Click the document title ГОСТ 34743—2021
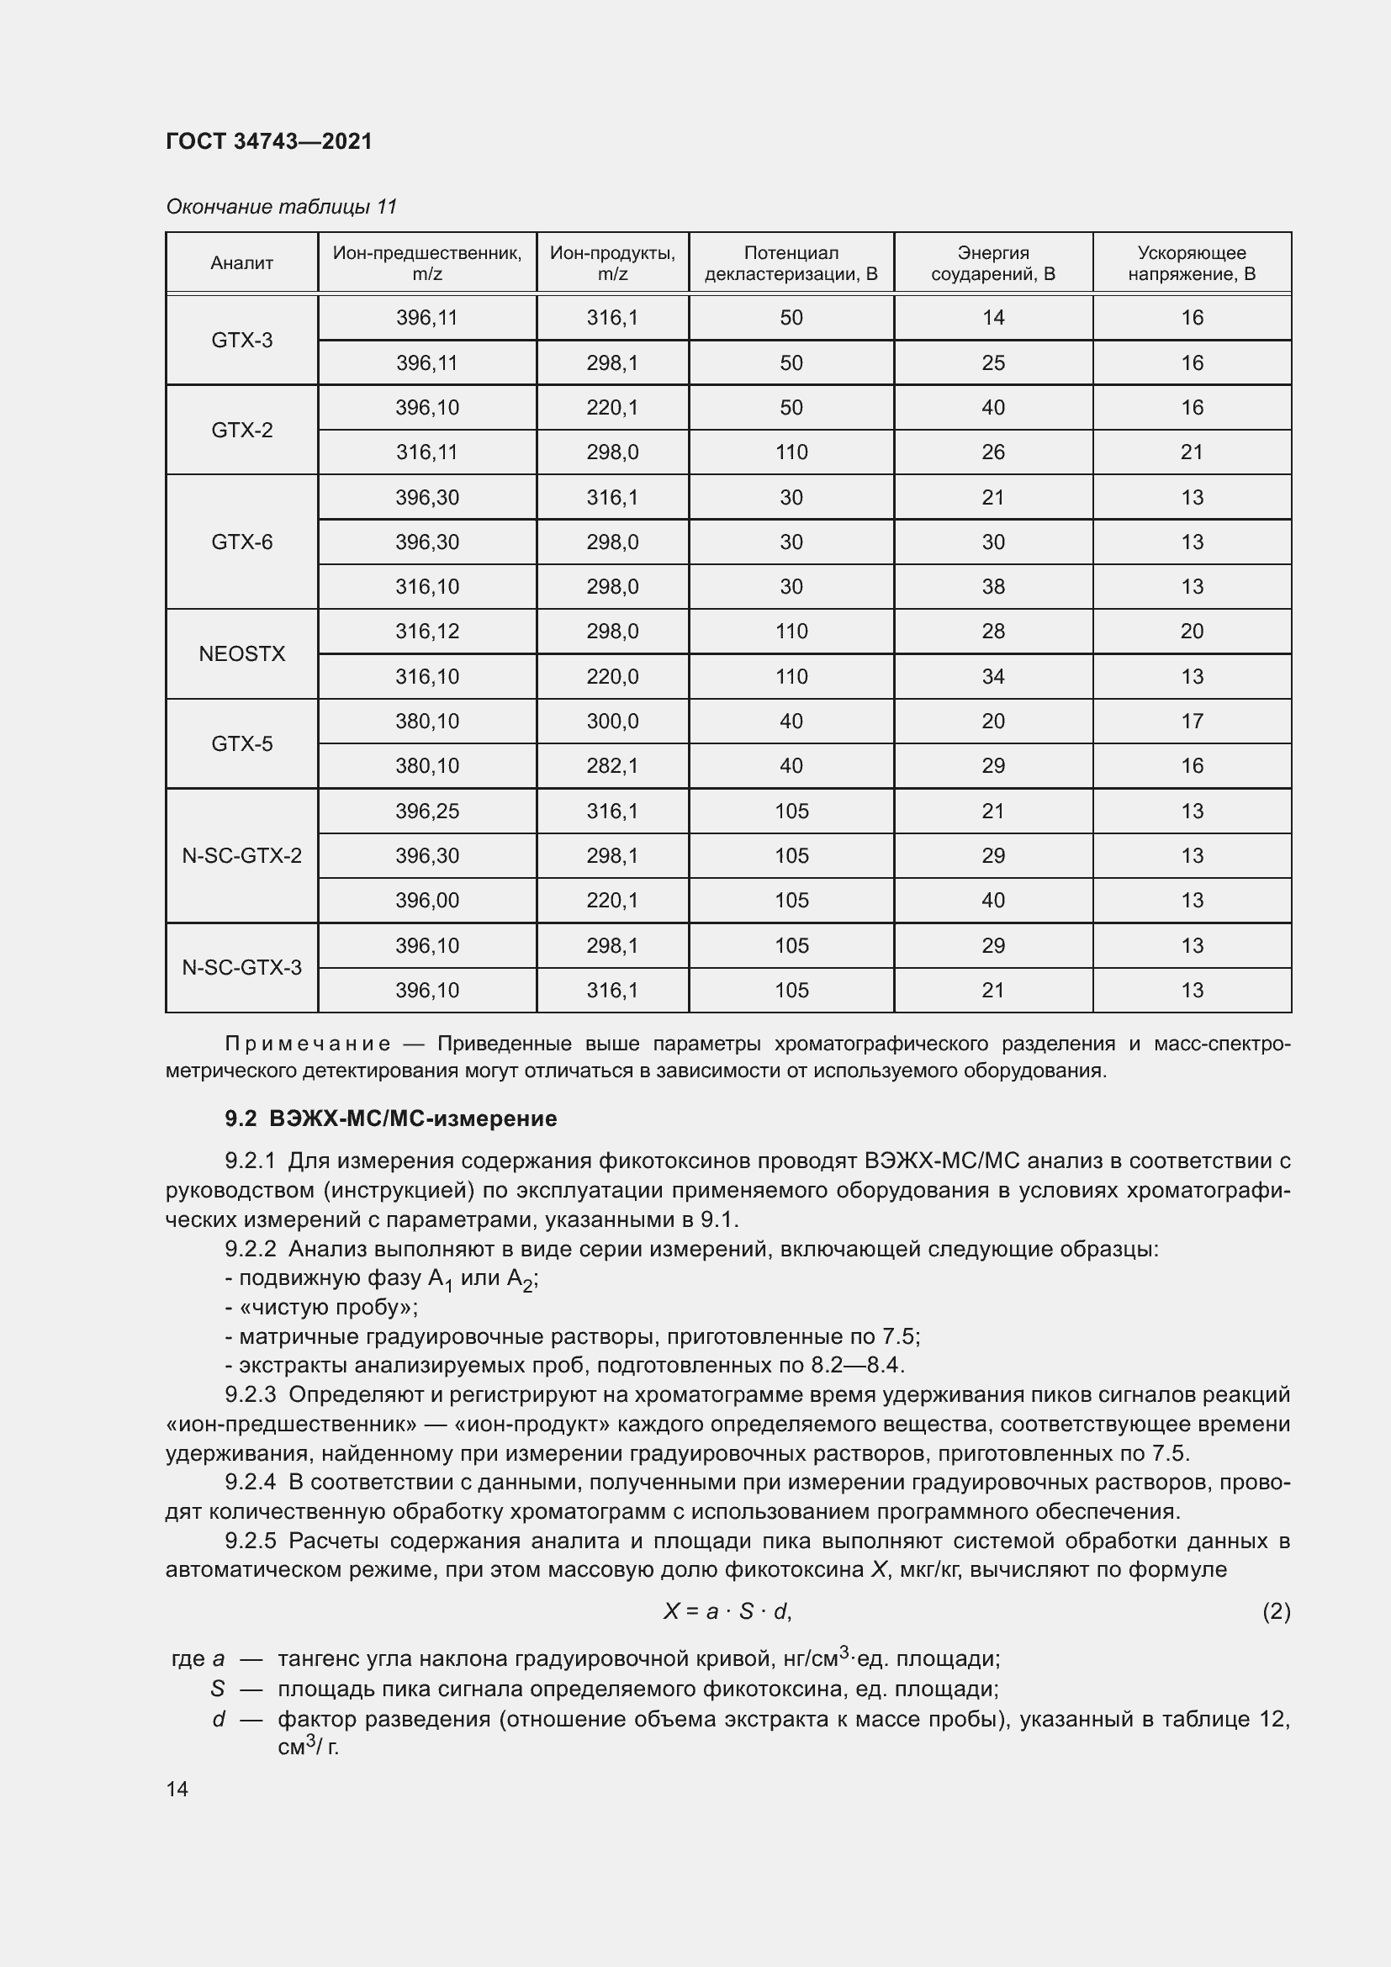coord(269,141)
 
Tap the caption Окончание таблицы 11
coord(281,207)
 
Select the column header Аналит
coord(241,263)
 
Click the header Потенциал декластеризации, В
coord(791,263)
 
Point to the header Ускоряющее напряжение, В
coord(1191,263)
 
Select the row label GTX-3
coord(241,340)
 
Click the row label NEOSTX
coord(241,653)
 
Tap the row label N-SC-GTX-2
coord(241,855)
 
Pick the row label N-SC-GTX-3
coord(241,967)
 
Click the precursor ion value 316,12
coord(426,632)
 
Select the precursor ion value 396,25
coord(426,811)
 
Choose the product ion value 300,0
coord(611,722)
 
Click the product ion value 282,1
coord(611,766)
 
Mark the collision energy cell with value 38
coord(992,587)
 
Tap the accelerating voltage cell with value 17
coord(1192,722)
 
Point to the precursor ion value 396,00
coord(426,901)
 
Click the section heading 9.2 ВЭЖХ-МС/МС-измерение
coord(390,1118)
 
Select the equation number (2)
coord(1276,1611)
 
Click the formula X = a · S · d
coord(727,1611)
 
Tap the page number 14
coord(177,1789)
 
